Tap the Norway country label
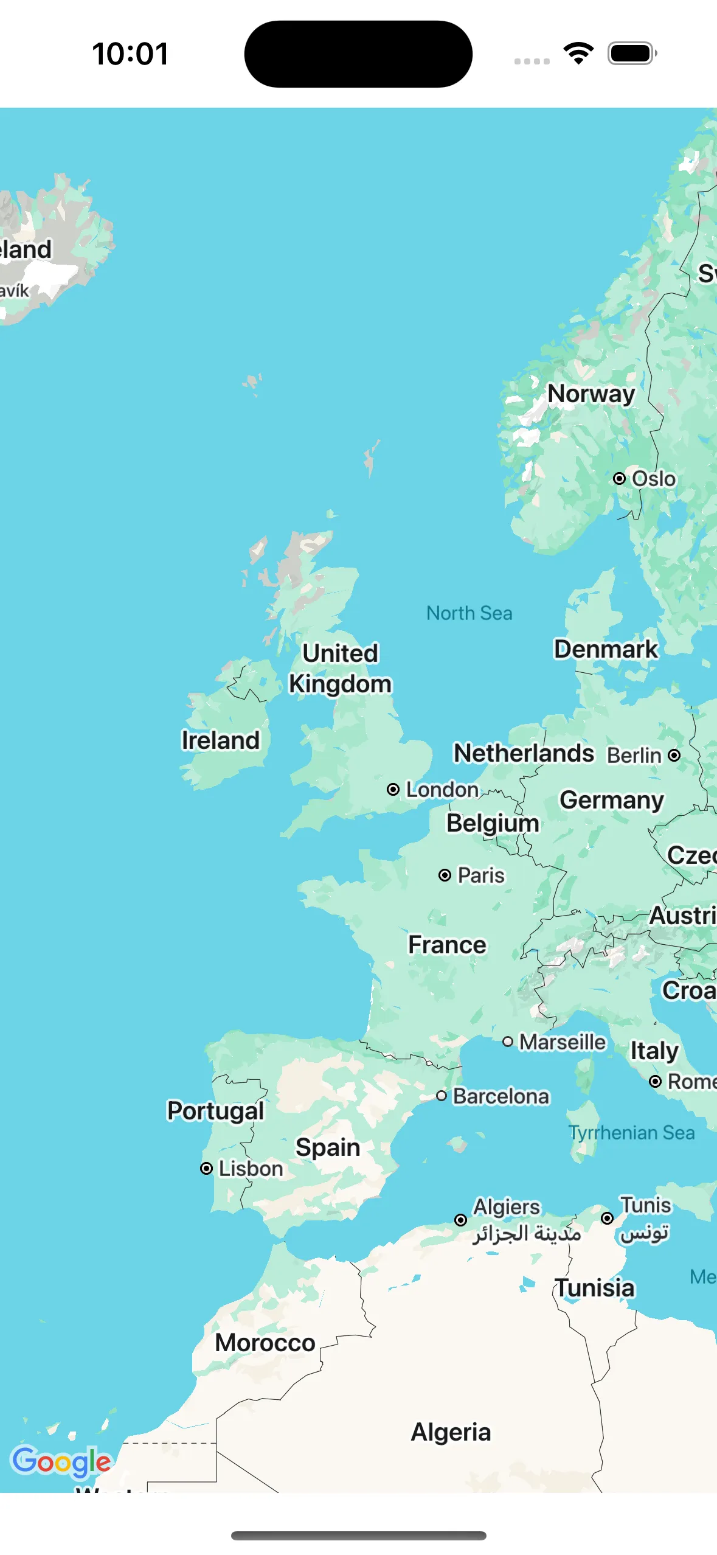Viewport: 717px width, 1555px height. click(591, 394)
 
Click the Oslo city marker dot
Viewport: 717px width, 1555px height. click(619, 478)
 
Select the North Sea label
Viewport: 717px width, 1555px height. click(469, 613)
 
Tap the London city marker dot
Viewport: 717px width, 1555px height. click(393, 789)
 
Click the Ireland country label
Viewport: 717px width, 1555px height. click(220, 740)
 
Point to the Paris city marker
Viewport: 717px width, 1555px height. click(445, 875)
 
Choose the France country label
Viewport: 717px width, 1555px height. click(446, 944)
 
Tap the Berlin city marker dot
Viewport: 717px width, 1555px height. click(674, 755)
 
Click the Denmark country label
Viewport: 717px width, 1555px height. click(605, 649)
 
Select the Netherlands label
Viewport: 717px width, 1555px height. click(524, 753)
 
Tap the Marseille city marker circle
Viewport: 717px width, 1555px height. click(508, 1042)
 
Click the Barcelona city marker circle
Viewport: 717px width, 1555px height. click(442, 1096)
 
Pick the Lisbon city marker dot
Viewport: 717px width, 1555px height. click(206, 1168)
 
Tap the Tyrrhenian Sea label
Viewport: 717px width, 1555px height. click(631, 1132)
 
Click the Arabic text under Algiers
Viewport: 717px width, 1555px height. click(527, 1233)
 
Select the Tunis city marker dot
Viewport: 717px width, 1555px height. click(607, 1218)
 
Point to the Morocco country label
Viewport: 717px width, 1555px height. click(265, 1342)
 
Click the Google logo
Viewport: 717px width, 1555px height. click(61, 1461)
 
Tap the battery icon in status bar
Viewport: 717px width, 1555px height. click(632, 53)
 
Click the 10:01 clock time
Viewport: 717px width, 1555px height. click(130, 54)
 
